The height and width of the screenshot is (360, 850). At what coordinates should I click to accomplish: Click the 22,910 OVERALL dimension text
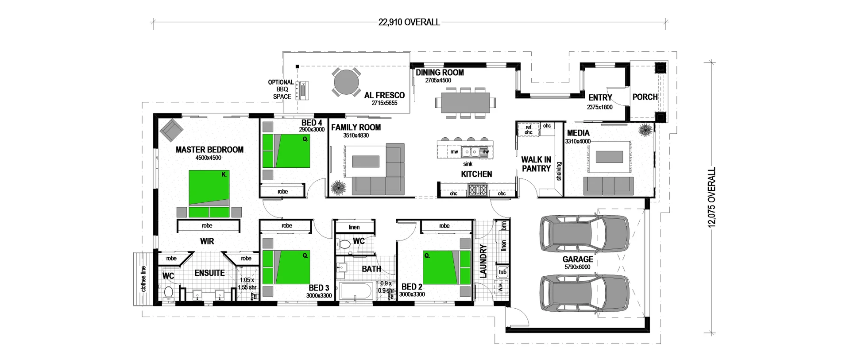(409, 22)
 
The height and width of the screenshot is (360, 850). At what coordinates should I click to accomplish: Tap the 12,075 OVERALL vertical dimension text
(711, 197)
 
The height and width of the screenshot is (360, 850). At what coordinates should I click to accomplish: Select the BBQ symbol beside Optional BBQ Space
(303, 90)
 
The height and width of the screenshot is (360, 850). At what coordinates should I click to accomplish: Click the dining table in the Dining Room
(465, 102)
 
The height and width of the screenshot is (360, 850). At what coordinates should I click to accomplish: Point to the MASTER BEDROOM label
(209, 150)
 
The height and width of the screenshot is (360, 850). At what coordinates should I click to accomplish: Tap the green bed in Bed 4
(286, 151)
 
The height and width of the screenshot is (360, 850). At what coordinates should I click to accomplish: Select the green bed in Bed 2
(446, 267)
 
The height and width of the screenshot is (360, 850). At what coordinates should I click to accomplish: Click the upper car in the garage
(584, 232)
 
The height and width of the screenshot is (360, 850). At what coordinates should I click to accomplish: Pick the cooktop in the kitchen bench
(478, 191)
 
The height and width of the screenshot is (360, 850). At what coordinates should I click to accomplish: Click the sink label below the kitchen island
(467, 164)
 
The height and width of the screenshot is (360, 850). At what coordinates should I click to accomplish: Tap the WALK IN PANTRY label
(536, 164)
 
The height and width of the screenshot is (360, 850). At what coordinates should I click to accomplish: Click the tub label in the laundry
(502, 272)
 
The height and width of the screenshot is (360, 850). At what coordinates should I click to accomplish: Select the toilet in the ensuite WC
(168, 293)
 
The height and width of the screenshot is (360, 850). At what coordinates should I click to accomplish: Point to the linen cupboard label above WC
(354, 227)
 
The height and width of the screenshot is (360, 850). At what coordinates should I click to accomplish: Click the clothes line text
(143, 279)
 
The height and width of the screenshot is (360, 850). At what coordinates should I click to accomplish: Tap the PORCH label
(645, 97)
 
